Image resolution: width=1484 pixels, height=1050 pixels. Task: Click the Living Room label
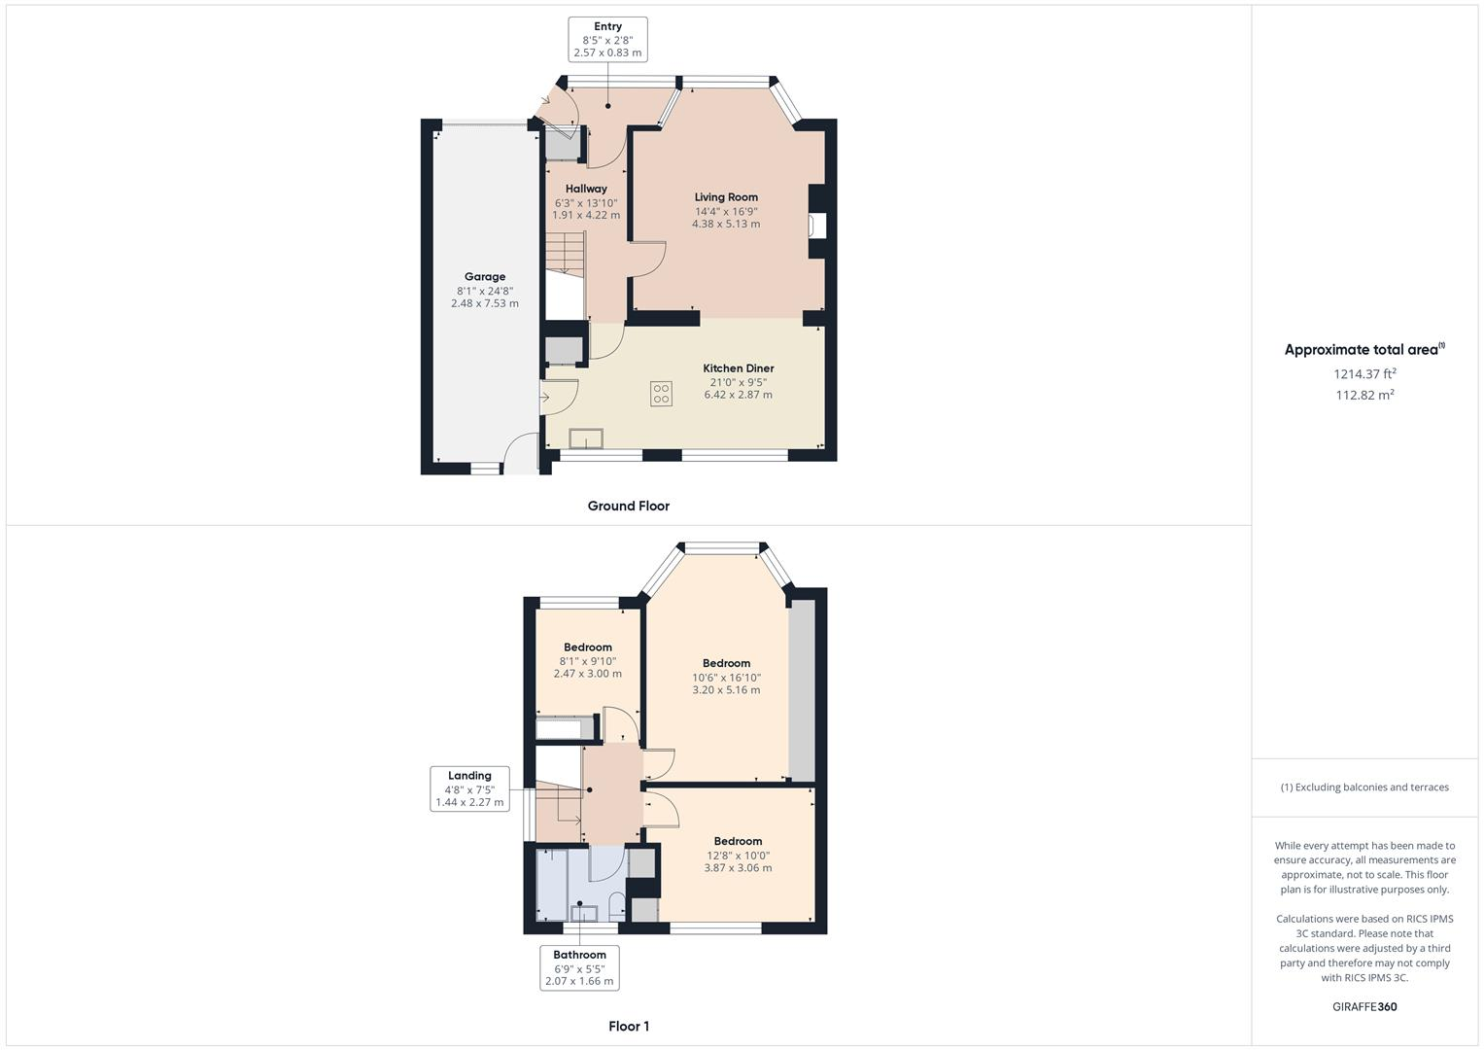click(x=726, y=197)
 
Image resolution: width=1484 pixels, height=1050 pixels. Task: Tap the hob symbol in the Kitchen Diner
click(x=661, y=394)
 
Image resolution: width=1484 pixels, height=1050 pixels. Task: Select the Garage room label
click(x=484, y=277)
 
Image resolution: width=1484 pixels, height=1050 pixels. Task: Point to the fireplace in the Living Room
click(x=816, y=226)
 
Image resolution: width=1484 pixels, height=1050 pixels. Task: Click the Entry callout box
click(x=607, y=40)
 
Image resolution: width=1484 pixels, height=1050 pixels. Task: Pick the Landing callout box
click(x=469, y=788)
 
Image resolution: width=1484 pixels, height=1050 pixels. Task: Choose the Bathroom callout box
click(x=579, y=967)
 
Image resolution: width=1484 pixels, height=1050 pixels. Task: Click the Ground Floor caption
click(x=628, y=506)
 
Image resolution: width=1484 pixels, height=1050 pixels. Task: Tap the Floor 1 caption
click(x=628, y=1026)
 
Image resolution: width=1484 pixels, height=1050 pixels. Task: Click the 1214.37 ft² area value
click(x=1364, y=373)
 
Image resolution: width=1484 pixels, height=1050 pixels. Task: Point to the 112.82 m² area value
click(x=1364, y=395)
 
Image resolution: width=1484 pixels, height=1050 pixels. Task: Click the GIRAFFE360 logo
click(x=1363, y=1006)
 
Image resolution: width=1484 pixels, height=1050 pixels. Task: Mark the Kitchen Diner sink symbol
click(x=586, y=438)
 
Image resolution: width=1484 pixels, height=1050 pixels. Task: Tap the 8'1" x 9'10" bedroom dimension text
click(x=587, y=661)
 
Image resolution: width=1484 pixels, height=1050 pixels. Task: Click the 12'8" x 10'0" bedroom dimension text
click(x=738, y=856)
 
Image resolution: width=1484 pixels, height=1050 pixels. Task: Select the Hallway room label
click(x=586, y=189)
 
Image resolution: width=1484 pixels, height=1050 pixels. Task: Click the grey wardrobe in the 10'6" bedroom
click(x=802, y=690)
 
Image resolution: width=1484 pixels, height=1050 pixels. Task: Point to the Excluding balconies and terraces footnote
click(x=1363, y=787)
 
